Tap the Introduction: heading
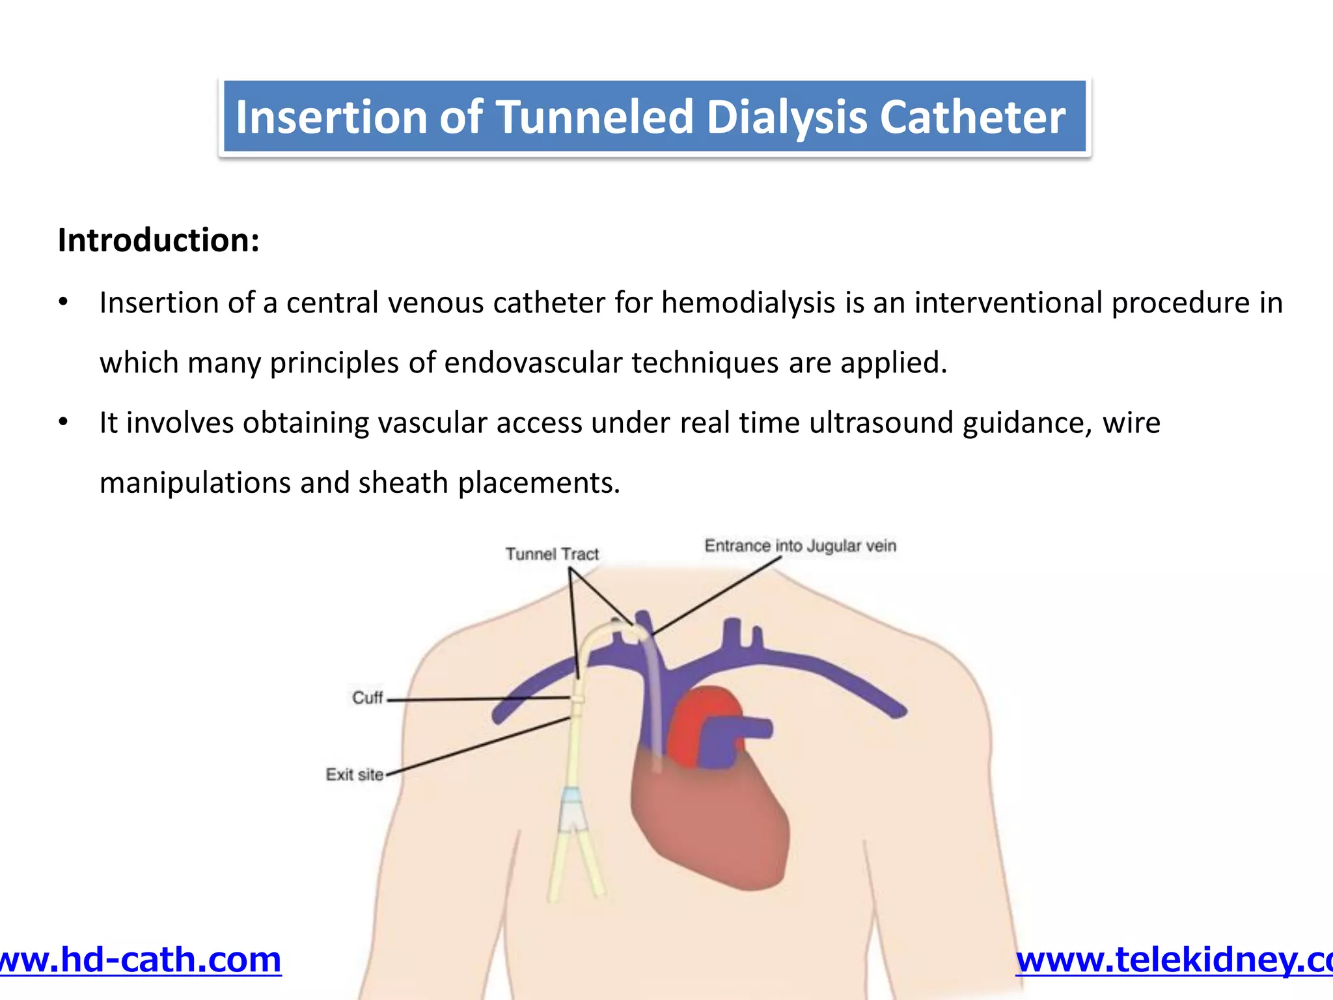click(159, 240)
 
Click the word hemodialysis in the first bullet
click(749, 303)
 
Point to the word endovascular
click(533, 363)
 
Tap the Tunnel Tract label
click(552, 554)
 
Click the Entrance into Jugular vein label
click(800, 546)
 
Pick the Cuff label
click(368, 698)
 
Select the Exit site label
click(355, 774)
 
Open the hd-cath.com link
click(139, 960)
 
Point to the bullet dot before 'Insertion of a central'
click(63, 303)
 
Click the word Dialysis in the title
click(787, 117)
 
